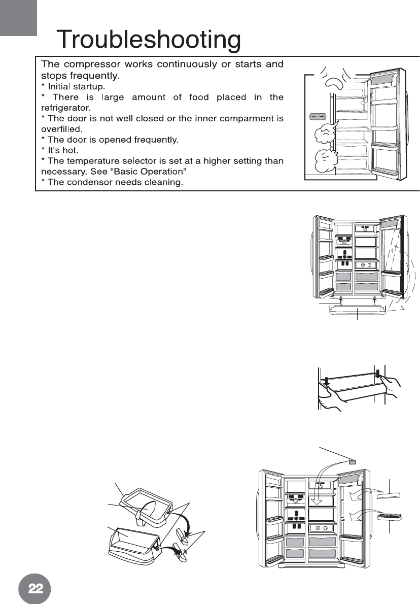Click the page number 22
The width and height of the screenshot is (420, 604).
click(35, 588)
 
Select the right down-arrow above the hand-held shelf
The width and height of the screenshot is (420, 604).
click(377, 373)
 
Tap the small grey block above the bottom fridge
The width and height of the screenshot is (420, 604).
click(352, 462)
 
